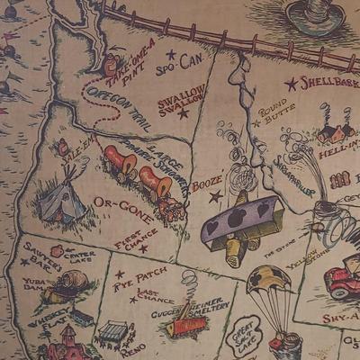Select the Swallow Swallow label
coord(181,100)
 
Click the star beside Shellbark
coord(291,84)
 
